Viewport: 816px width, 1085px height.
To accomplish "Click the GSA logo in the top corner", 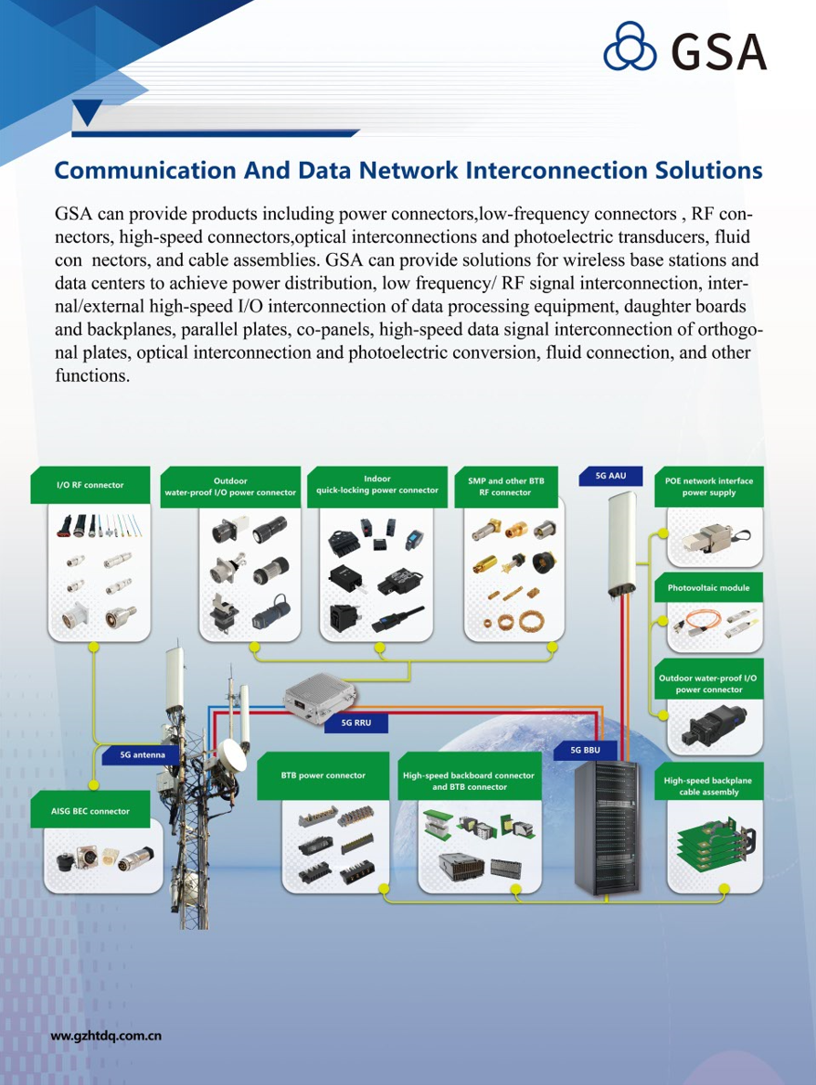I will coord(684,49).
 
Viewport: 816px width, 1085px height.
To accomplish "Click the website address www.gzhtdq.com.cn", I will coord(106,1036).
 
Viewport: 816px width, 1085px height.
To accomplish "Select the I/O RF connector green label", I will coord(90,485).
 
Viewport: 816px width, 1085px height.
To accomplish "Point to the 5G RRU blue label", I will coord(355,722).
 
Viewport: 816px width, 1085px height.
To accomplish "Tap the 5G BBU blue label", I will coord(585,750).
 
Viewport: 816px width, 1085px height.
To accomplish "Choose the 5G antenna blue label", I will coord(143,755).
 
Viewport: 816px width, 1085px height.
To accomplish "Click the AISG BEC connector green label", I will coord(90,811).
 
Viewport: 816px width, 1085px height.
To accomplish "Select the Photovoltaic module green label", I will coord(708,587).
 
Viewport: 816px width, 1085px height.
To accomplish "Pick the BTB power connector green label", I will coord(323,775).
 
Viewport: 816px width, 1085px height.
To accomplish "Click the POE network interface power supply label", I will coord(708,487).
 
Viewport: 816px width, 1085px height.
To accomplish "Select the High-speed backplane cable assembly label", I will coord(708,786).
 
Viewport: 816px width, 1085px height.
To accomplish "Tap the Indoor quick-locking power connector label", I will coord(376,484).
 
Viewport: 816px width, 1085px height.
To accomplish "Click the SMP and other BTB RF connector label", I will coord(505,487).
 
